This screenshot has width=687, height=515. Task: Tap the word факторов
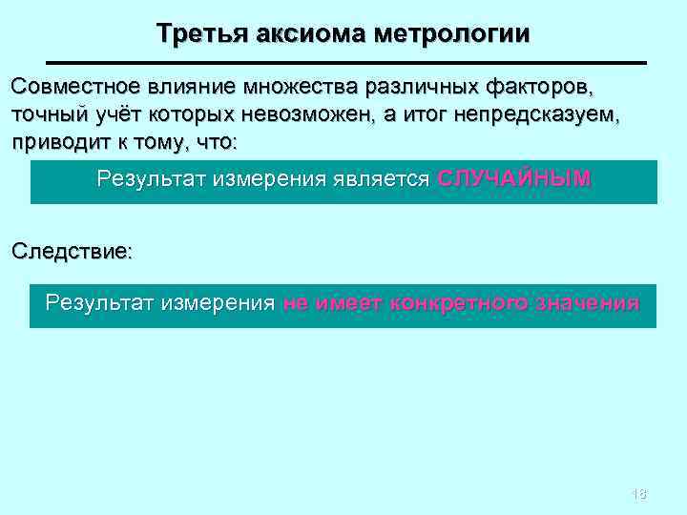point(540,88)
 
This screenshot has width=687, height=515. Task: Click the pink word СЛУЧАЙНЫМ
point(514,178)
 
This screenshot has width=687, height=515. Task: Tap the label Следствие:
point(72,253)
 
